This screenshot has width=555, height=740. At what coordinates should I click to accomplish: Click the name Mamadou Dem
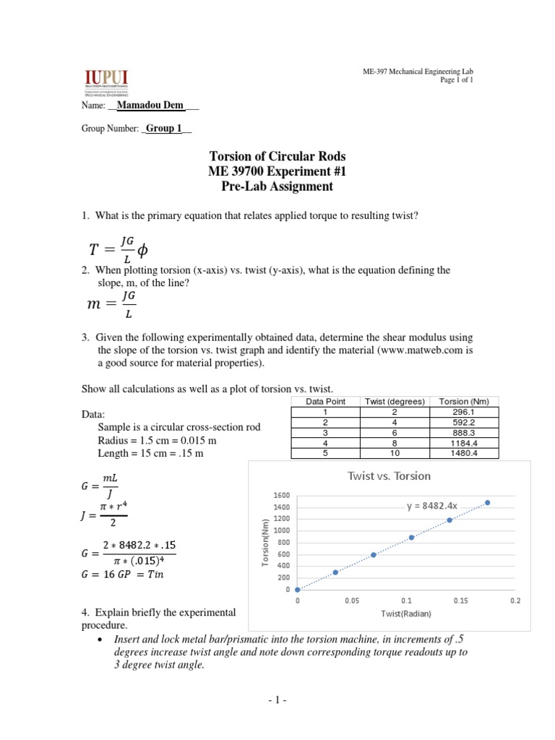pyautogui.click(x=150, y=106)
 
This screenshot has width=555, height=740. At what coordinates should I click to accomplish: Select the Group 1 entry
pyautogui.click(x=164, y=129)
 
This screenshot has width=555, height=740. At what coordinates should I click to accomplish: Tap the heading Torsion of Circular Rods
pyautogui.click(x=277, y=156)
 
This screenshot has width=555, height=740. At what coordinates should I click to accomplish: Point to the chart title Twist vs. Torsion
pyautogui.click(x=389, y=476)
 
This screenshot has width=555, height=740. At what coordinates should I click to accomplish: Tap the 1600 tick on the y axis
pyautogui.click(x=281, y=496)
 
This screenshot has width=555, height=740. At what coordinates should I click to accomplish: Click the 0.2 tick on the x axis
pyautogui.click(x=515, y=601)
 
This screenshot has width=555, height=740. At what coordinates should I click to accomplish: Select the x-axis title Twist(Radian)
pyautogui.click(x=406, y=614)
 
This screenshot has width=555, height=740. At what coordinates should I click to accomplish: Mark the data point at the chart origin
pyautogui.click(x=298, y=590)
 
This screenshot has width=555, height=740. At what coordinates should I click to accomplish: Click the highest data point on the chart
pyautogui.click(x=488, y=502)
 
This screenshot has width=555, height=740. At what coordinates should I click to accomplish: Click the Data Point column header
pyautogui.click(x=326, y=401)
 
